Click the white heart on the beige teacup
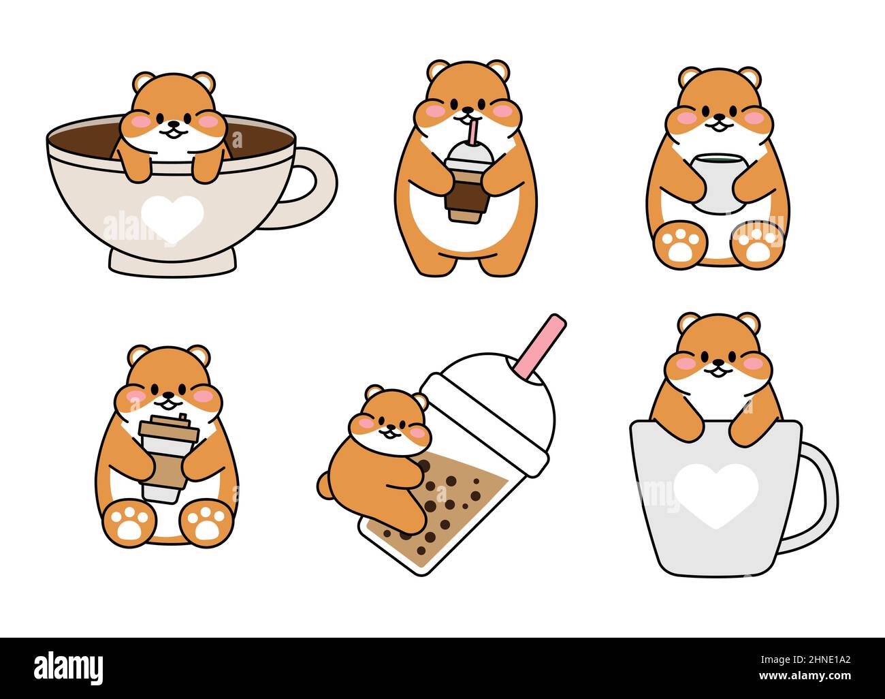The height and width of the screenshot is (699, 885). point(173,215)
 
